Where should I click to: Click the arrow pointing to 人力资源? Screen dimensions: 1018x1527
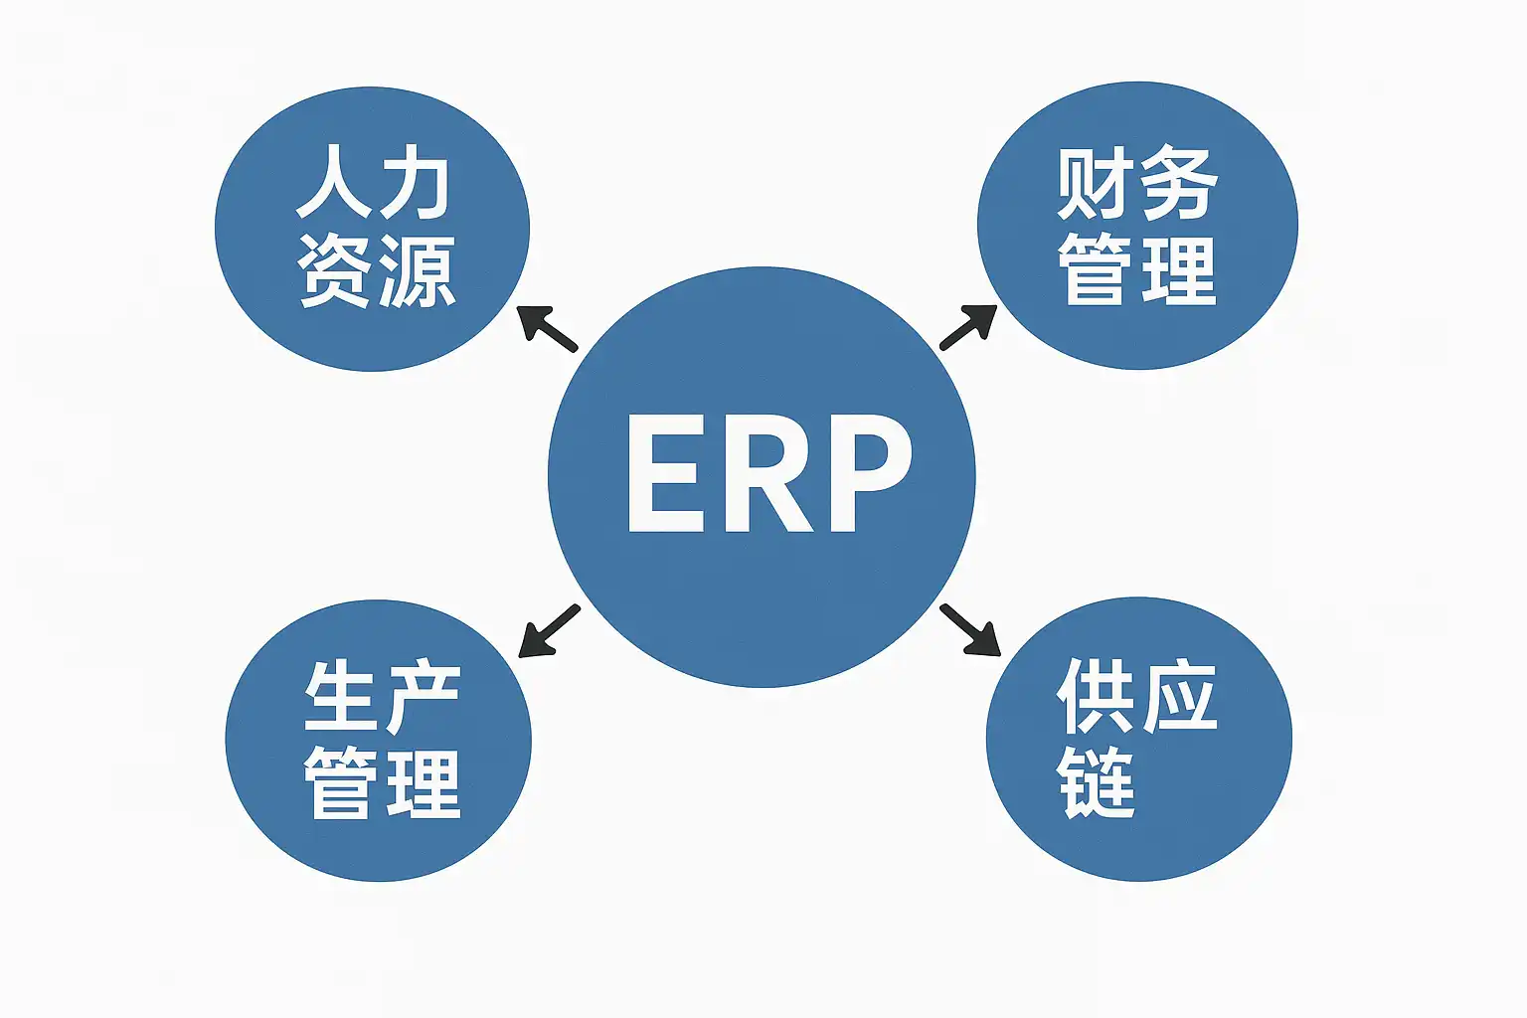tap(548, 329)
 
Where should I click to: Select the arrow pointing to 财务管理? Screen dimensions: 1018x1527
tap(967, 327)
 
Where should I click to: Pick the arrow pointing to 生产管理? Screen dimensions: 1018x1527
tap(549, 631)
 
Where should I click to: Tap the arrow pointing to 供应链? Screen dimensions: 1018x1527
tap(969, 630)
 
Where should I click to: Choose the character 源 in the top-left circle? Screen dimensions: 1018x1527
tap(417, 270)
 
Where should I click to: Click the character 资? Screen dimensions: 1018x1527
tap(336, 270)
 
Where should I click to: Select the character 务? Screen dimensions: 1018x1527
tap(1179, 184)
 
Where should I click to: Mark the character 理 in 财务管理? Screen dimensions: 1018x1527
tap(1179, 270)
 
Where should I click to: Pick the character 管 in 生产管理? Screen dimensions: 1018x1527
tap(341, 783)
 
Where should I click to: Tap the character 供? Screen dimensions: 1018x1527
tap(1096, 695)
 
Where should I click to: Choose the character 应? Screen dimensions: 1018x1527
tap(1179, 695)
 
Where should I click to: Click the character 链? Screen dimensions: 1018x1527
tap(1096, 782)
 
